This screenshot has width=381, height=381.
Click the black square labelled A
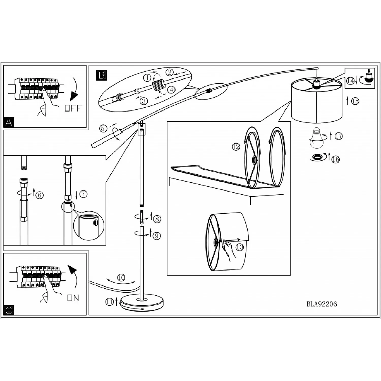click(x=9, y=122)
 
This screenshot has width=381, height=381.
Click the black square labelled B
click(x=101, y=75)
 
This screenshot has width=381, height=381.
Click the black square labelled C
click(x=9, y=310)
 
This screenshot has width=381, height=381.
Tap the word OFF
click(x=73, y=108)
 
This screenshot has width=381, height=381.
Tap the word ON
click(x=73, y=298)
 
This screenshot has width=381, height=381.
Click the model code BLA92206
click(x=321, y=304)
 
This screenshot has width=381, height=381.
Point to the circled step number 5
click(x=103, y=128)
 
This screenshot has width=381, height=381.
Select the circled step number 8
click(x=157, y=219)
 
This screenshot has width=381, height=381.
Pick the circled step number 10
click(x=121, y=278)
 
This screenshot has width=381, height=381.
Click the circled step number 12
click(x=236, y=147)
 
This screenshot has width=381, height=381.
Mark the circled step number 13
click(x=240, y=247)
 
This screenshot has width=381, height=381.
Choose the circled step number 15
click(x=355, y=101)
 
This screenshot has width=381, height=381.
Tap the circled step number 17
click(x=339, y=136)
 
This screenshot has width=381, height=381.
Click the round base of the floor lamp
click(x=142, y=303)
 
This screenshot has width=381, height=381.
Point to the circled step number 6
click(x=39, y=195)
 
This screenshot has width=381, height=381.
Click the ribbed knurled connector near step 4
click(x=159, y=85)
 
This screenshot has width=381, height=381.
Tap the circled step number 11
click(x=109, y=302)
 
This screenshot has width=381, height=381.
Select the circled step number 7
click(x=83, y=194)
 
